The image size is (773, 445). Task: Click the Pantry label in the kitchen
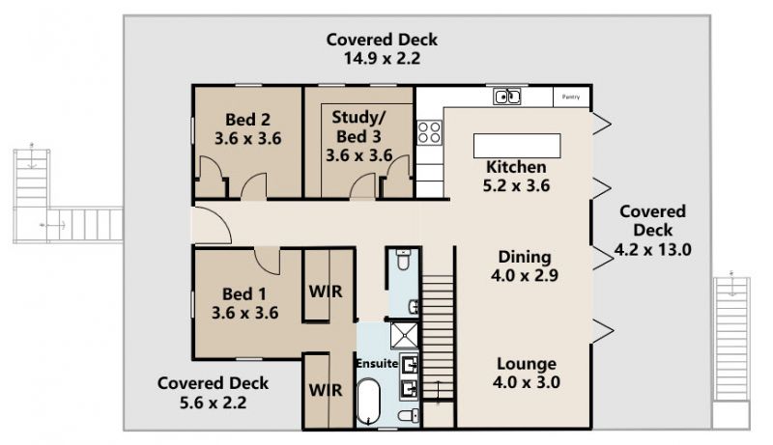(x=570, y=97)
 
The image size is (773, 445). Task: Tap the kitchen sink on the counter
(x=506, y=97)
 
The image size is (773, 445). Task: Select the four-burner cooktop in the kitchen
(x=429, y=132)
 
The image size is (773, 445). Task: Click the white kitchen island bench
(x=517, y=146)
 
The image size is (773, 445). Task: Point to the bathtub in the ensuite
(x=368, y=401)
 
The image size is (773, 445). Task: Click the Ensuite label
(x=377, y=363)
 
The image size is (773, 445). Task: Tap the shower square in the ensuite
(x=404, y=335)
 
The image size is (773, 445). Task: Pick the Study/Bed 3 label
(x=358, y=136)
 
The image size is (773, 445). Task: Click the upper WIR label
(x=326, y=292)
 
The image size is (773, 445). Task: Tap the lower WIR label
(x=326, y=390)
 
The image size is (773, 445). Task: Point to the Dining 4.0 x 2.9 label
(x=525, y=265)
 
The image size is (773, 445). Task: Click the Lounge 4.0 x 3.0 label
(x=527, y=373)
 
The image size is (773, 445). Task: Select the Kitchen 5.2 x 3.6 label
(x=516, y=177)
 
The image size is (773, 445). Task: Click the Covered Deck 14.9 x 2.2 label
(x=382, y=48)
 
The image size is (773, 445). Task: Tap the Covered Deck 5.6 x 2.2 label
(x=213, y=393)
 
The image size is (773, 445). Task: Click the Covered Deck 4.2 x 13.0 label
(x=653, y=231)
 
